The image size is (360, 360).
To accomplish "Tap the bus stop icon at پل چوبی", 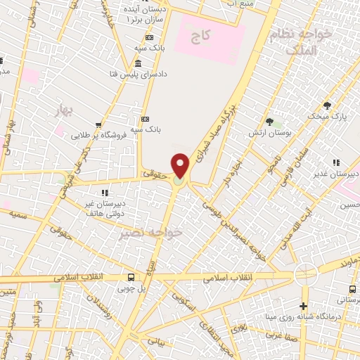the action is click(x=131, y=277).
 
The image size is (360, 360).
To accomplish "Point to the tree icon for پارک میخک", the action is click(x=327, y=105).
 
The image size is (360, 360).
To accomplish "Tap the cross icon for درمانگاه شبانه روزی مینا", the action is click(x=303, y=306).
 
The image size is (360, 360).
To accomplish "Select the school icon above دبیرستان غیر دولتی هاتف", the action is click(x=104, y=192).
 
